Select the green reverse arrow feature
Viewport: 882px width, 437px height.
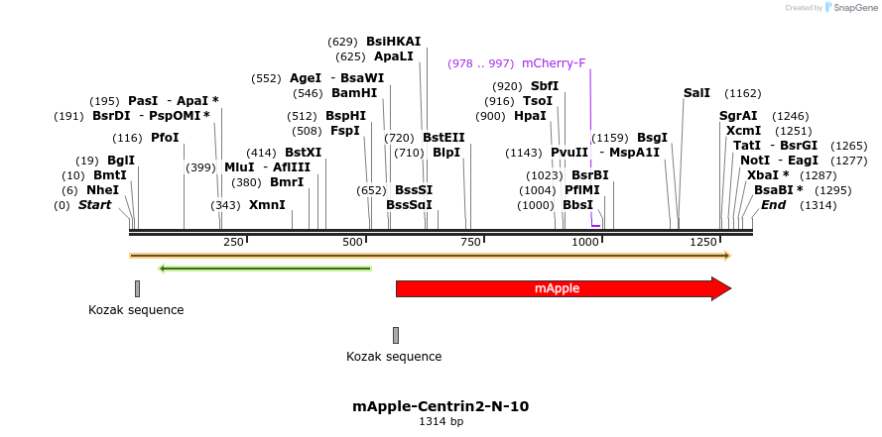tap(265, 268)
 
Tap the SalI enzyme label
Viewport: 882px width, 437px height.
tap(696, 93)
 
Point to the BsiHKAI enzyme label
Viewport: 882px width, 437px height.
tap(393, 42)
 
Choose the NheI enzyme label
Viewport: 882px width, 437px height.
tap(102, 189)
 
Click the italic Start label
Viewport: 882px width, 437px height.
tap(95, 205)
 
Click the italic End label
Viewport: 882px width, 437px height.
tap(773, 205)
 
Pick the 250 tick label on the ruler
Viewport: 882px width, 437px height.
tap(233, 242)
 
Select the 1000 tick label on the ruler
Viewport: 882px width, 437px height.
tap(586, 242)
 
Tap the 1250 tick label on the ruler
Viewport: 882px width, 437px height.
tap(704, 242)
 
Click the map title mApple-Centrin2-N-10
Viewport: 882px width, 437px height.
tap(441, 406)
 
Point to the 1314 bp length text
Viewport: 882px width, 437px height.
tap(441, 422)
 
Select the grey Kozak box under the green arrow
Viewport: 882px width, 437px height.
tap(138, 288)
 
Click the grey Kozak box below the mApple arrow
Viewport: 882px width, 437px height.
tap(396, 335)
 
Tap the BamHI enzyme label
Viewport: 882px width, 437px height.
tap(354, 93)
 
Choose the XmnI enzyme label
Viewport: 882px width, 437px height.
tap(267, 205)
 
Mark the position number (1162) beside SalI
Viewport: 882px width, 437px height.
tap(742, 93)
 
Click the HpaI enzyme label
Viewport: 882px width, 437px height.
tap(530, 116)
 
